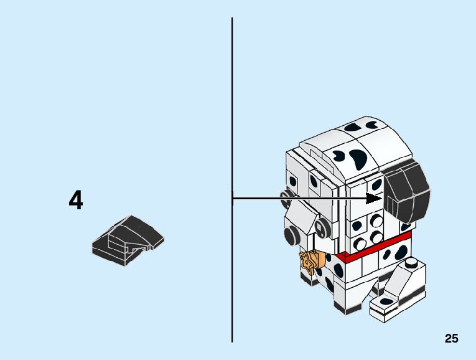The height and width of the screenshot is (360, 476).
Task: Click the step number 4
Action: click(x=76, y=201)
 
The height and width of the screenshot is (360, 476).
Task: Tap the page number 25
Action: click(x=451, y=338)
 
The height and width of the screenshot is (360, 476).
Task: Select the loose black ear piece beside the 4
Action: click(x=129, y=240)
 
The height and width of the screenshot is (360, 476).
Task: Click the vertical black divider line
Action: click(x=232, y=125)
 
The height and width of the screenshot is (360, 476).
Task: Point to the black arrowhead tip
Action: click(x=380, y=199)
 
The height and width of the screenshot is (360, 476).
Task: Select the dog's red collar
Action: click(x=373, y=249)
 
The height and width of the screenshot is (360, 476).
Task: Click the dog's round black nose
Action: click(x=293, y=235)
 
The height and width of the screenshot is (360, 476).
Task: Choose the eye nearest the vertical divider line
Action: click(x=287, y=199)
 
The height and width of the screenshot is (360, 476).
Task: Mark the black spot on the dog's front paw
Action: click(x=386, y=301)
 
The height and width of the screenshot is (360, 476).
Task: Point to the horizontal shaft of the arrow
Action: click(x=299, y=199)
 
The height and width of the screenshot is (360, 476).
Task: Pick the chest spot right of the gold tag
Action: click(x=338, y=270)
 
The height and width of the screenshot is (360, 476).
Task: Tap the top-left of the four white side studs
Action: click(x=360, y=222)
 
